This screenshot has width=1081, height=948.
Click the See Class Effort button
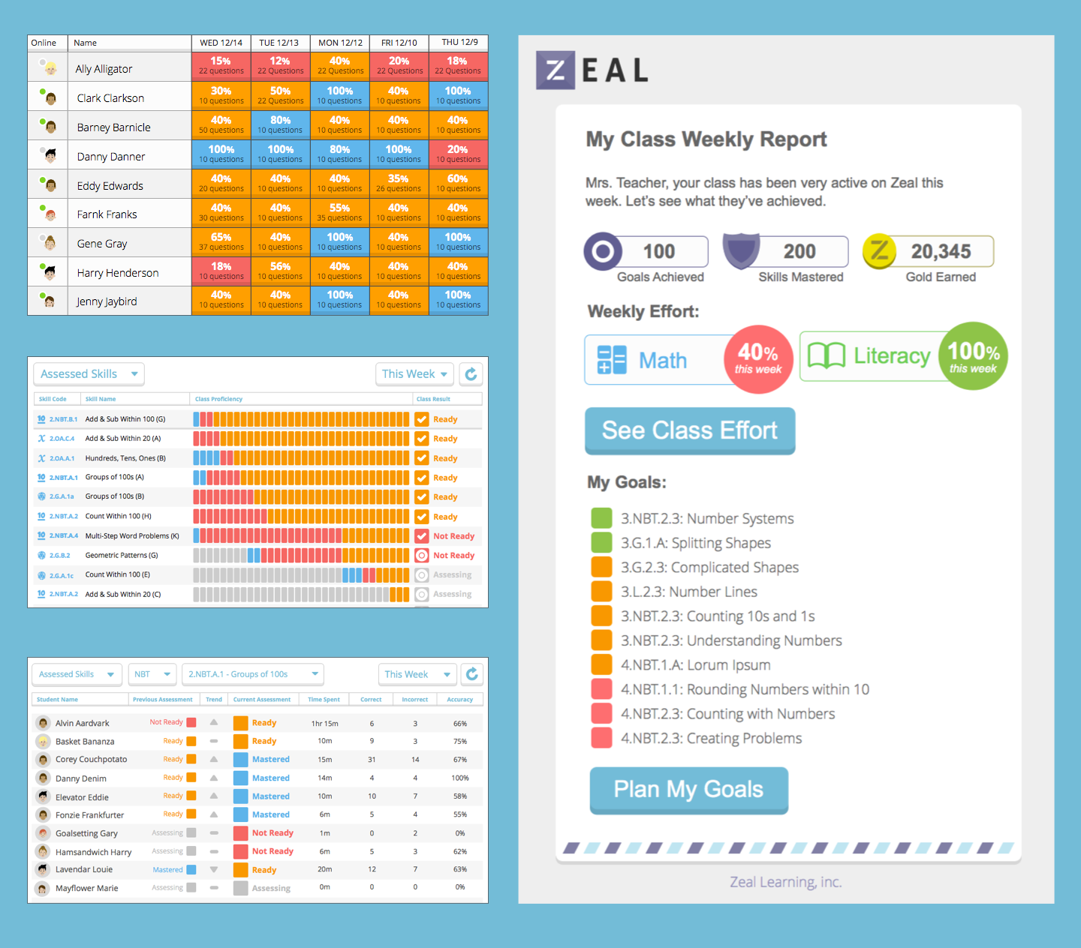pos(689,430)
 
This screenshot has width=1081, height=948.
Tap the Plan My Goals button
pos(688,789)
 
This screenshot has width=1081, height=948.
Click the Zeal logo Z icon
pos(556,70)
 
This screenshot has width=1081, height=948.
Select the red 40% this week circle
pos(758,359)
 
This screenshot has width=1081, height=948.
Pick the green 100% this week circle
pos(973,356)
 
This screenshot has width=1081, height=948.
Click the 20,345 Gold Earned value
pos(941,252)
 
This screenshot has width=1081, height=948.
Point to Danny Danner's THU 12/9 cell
pos(458,154)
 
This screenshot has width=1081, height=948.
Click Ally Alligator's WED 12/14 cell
pos(221,66)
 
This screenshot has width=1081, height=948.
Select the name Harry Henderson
pos(118,273)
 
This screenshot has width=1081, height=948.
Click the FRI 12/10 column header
pos(399,43)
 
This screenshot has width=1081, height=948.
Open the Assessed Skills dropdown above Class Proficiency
pos(89,374)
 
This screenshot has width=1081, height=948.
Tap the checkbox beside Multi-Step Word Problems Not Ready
pos(422,536)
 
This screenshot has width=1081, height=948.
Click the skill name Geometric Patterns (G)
pos(122,556)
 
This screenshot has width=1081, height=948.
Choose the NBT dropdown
pos(152,674)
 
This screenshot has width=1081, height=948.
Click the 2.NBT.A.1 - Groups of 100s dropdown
pos(252,674)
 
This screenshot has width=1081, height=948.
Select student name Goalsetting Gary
pos(86,833)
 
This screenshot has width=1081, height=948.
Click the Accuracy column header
pos(459,700)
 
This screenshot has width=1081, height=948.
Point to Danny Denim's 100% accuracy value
pos(459,778)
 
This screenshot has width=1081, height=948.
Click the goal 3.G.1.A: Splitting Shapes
pos(695,543)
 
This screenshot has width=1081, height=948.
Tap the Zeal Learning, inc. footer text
pos(785,882)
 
